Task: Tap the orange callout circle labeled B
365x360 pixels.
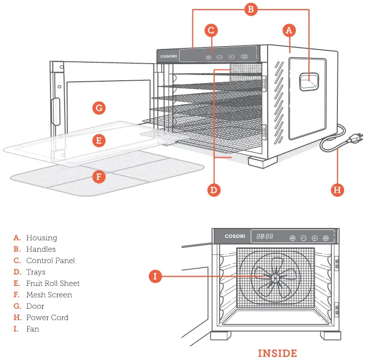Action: coord(251,9)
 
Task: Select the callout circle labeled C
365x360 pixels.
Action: coord(212,30)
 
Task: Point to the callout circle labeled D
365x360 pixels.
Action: coord(214,190)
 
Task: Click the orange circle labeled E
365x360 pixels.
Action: coord(98,141)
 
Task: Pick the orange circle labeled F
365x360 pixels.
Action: coord(98,177)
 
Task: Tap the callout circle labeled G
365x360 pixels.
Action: coord(98,108)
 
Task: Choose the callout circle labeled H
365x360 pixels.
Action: coord(337,190)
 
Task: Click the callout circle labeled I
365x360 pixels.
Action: coord(155,276)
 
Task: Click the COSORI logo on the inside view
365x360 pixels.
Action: coord(236,237)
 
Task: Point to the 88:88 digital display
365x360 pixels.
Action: coord(265,237)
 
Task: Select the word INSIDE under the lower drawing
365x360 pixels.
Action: coord(277,353)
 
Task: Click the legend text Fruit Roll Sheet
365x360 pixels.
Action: coord(53,284)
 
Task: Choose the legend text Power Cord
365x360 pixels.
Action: coord(47,318)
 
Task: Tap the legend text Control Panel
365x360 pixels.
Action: coord(50,261)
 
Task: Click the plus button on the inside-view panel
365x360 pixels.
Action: coord(315,238)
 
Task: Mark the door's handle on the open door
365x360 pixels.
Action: coord(56,112)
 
